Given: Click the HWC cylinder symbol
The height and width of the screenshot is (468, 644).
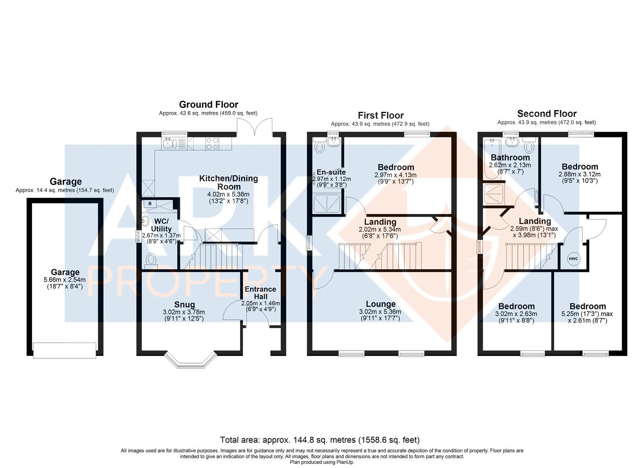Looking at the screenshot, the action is [573, 259].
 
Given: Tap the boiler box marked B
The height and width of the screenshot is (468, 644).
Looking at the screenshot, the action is [150, 204].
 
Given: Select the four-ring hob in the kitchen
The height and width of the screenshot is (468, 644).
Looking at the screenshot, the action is [212, 143].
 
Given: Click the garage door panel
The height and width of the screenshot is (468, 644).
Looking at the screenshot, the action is [64, 350].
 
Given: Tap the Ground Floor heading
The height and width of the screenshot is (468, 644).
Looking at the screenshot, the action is [209, 104].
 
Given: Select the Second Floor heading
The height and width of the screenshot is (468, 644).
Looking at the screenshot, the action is [547, 114].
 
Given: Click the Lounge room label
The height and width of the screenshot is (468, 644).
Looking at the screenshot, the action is [381, 304].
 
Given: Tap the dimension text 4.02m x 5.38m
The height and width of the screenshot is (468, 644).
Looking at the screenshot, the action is [228, 194].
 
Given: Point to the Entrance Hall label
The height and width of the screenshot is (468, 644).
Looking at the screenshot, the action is [261, 293].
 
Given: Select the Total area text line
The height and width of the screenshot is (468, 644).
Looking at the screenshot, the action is [320, 439].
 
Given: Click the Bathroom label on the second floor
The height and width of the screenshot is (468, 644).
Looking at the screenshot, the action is [510, 157].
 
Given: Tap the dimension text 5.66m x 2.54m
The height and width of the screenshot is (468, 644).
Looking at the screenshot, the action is [65, 279].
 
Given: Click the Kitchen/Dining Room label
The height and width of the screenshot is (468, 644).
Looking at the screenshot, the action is [229, 182].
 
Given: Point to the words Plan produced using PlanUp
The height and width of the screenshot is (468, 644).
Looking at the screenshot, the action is [322, 462].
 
